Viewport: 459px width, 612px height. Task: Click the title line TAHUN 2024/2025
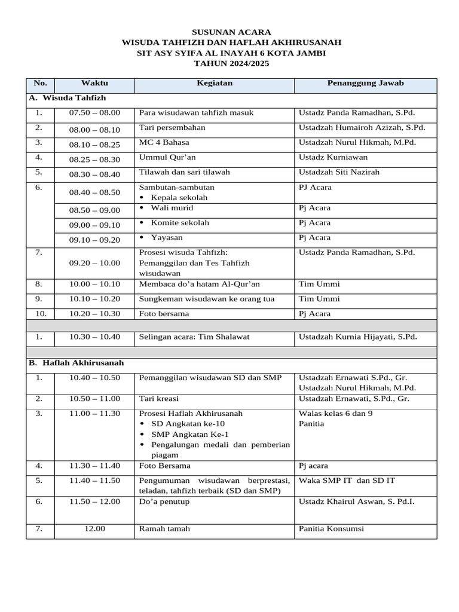[231, 63]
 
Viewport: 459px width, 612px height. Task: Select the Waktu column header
[94, 83]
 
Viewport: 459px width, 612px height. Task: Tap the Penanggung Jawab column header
[365, 83]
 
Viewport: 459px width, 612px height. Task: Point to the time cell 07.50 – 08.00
[94, 112]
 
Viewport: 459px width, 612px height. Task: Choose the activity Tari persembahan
[172, 127]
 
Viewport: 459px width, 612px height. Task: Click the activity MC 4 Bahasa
[164, 142]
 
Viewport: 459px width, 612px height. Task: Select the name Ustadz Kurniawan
[333, 157]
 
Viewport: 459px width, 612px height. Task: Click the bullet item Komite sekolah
[180, 223]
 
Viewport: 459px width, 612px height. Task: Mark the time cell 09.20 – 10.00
[94, 263]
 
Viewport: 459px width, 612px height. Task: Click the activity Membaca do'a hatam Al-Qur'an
[200, 284]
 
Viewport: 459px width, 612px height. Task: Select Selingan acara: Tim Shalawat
[194, 336]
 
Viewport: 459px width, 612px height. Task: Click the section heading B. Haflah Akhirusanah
[76, 363]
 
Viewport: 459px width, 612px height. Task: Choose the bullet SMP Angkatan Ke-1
[190, 434]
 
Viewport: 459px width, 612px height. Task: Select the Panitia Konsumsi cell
[331, 528]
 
